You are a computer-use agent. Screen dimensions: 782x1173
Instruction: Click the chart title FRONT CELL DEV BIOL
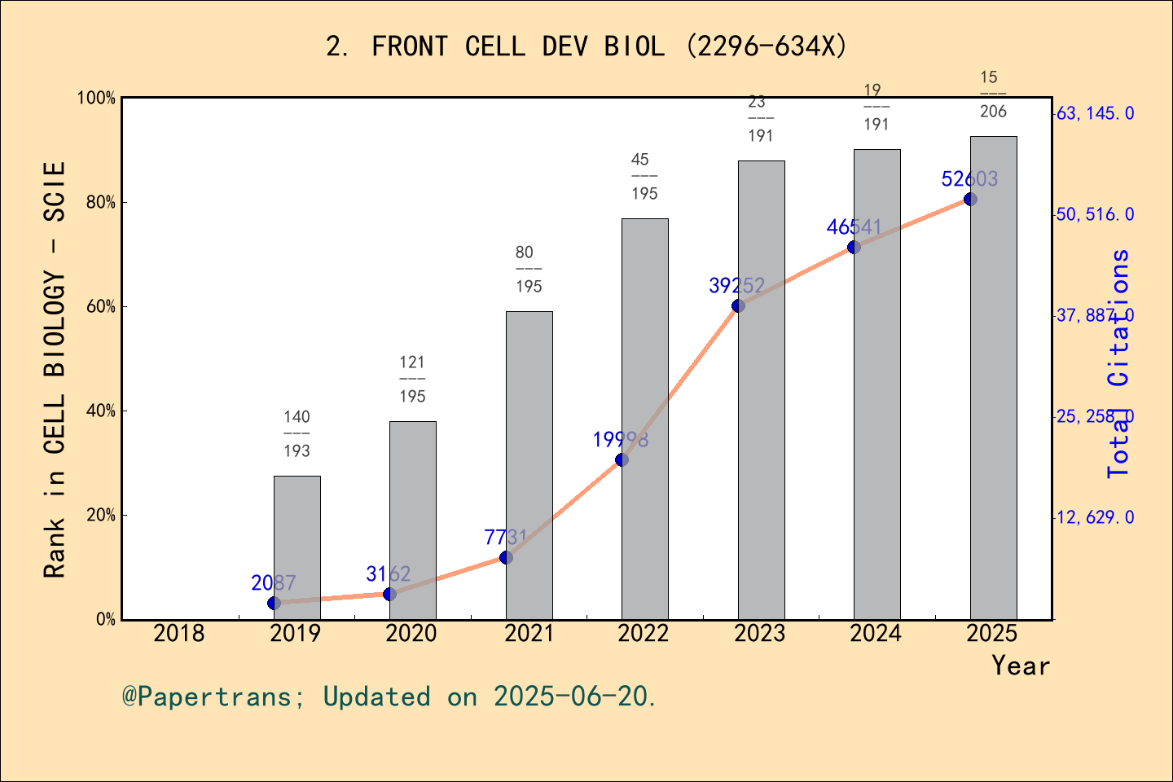[586, 46]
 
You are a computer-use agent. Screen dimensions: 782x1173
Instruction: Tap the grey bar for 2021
[529, 464]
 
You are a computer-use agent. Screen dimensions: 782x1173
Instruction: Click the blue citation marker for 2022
[622, 459]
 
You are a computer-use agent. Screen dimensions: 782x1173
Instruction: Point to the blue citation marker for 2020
[389, 594]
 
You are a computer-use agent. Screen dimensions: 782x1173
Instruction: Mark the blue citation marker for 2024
[854, 247]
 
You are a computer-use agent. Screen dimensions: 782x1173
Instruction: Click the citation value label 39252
[736, 285]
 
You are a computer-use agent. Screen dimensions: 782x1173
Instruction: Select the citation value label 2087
[274, 582]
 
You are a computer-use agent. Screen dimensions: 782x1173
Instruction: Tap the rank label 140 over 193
[297, 433]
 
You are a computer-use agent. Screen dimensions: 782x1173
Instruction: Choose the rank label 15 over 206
[993, 94]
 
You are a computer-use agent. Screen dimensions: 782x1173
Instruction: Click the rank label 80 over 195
[529, 269]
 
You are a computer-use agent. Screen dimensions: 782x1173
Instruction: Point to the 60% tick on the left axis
[101, 307]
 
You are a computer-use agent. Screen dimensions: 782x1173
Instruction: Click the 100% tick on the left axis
[96, 99]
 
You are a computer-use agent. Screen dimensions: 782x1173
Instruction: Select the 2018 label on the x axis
[179, 633]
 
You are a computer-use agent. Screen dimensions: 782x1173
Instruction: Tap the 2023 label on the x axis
[759, 633]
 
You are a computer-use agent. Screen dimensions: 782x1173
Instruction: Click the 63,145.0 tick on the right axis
[1095, 113]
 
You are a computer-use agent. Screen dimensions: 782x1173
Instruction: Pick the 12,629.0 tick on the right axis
[1095, 517]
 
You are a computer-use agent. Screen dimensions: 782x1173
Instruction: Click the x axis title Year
[1020, 666]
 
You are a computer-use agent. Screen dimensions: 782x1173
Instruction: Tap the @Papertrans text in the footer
[207, 696]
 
